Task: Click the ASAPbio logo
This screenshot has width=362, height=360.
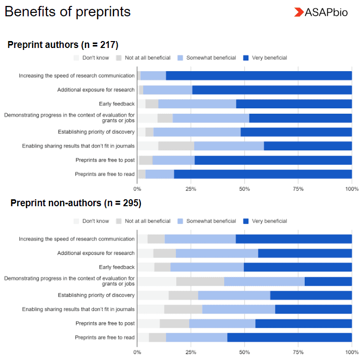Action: pos(321,12)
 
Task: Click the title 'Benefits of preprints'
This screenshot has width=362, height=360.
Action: pos(68,12)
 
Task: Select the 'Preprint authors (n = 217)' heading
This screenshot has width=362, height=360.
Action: pos(63,45)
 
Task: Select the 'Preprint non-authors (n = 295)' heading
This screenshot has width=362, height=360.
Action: pos(76,203)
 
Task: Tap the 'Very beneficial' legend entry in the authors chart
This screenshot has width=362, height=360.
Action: pos(265,58)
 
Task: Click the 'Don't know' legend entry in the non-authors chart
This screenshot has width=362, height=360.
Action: pos(91,221)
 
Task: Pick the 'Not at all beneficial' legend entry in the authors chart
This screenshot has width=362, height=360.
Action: pos(143,58)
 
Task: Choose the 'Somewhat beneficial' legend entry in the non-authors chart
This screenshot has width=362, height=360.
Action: pos(206,221)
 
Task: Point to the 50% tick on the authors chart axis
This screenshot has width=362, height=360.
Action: pos(244,188)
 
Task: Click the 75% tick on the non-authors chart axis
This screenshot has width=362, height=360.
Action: pos(298,353)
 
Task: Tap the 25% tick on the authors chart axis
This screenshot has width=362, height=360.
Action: pos(191,188)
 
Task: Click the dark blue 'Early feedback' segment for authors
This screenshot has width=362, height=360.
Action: pos(294,104)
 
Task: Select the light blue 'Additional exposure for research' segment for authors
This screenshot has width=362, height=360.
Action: pos(167,90)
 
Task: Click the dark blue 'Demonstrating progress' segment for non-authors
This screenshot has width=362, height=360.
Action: pos(328,281)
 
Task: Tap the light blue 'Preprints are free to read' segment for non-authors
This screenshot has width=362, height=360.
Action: pos(196,338)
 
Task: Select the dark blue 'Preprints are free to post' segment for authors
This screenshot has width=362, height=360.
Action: pos(273,160)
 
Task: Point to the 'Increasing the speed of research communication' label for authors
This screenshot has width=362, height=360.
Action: pos(77,76)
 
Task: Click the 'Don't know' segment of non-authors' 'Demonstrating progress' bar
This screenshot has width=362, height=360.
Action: pos(157,281)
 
